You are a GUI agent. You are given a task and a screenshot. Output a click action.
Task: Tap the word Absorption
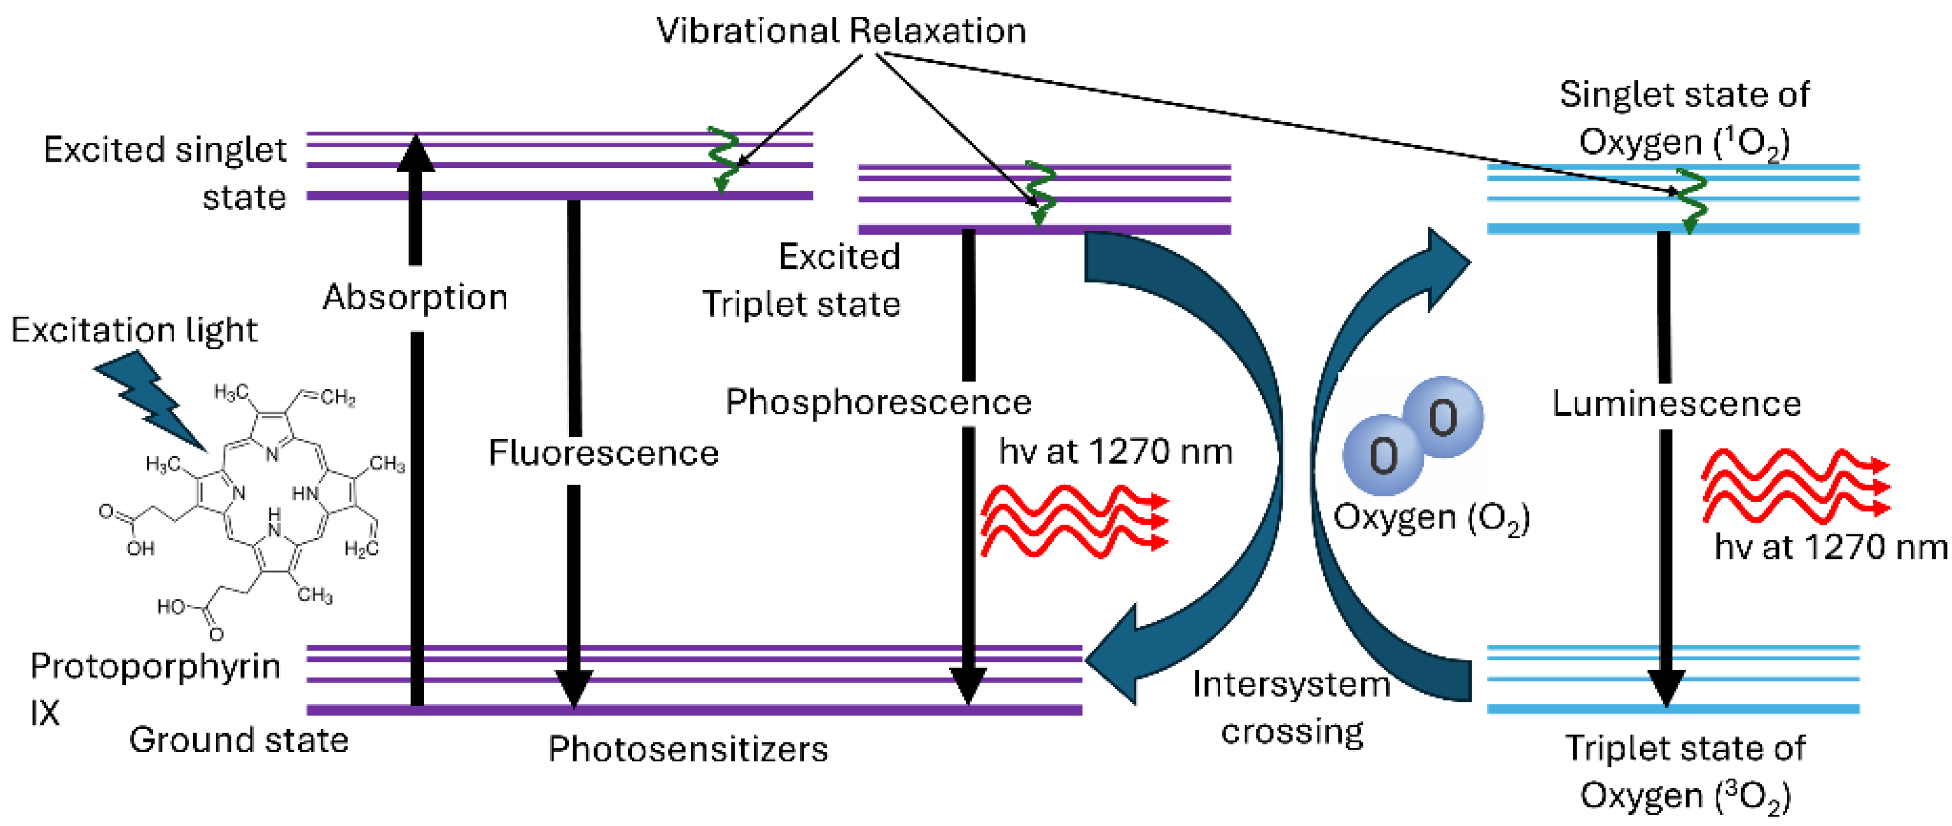(415, 298)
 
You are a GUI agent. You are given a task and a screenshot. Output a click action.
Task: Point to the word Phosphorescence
(878, 402)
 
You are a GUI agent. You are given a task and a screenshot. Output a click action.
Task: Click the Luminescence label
(1676, 404)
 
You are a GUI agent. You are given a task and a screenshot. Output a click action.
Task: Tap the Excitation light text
(134, 330)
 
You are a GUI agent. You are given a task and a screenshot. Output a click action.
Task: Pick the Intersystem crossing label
(1292, 708)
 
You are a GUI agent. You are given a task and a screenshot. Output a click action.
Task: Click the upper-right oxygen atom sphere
(1443, 417)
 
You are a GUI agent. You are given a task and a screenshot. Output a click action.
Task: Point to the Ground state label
(239, 740)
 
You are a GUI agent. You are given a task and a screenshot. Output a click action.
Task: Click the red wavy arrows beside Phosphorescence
(1075, 521)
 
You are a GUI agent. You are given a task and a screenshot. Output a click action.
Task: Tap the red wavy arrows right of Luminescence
(1796, 486)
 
